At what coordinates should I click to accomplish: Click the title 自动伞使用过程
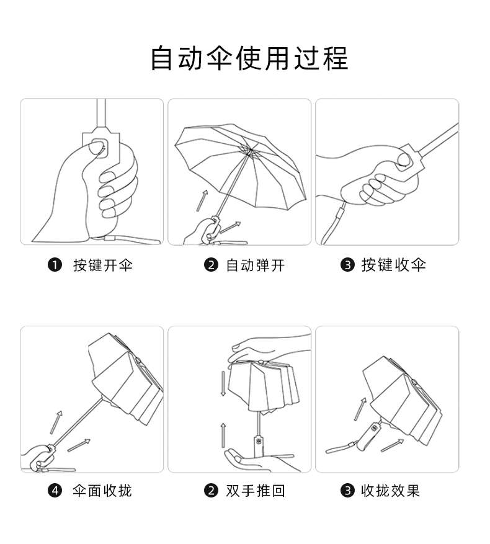coord(249,58)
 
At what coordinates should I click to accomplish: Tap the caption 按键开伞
coord(103,265)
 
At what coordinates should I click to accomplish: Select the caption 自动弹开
coord(256,265)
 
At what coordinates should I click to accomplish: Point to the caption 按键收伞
coord(394,265)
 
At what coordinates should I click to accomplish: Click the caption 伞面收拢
coord(102,491)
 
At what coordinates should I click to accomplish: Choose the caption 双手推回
coord(256,491)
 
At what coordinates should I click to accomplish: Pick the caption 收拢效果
coord(390,491)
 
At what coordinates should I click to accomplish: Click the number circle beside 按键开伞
coord(55,265)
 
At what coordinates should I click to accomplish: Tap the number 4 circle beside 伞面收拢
coord(55,491)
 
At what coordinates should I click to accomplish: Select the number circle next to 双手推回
coord(211,491)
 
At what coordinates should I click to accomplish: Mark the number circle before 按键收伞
coord(347,265)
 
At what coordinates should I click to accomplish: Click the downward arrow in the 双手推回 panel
coord(223,384)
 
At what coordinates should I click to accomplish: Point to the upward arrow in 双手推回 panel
coord(223,435)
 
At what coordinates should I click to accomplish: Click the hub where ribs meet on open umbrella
coord(249,151)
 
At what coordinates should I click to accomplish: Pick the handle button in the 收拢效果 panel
coord(374,428)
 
